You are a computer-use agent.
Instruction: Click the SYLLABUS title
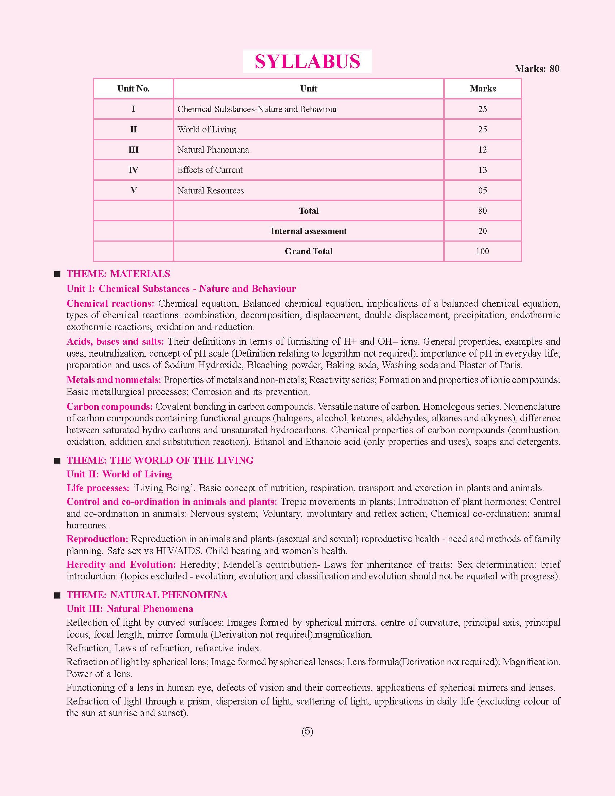coord(307,61)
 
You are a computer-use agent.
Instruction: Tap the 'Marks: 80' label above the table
coord(537,68)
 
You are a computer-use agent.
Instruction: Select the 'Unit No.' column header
coord(133,89)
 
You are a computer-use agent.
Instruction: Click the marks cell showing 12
coord(482,150)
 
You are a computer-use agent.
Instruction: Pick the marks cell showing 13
coord(482,170)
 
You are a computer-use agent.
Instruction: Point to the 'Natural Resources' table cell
coord(210,190)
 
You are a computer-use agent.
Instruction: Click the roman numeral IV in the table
coord(133,170)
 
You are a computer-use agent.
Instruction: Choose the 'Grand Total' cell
coord(309,251)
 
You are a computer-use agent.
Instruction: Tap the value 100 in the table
coord(482,251)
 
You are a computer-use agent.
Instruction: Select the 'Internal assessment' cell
coord(309,231)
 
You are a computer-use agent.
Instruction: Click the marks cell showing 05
coord(482,190)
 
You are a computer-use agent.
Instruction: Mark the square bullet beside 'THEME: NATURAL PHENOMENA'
coord(57,596)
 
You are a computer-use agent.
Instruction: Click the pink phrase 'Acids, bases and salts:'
coord(115,341)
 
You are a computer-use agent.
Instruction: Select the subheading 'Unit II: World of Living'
coord(119,474)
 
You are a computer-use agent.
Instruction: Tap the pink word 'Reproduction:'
coord(97,539)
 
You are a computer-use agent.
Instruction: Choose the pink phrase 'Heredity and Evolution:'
coord(121,565)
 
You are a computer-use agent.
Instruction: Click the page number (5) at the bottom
coord(307,732)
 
